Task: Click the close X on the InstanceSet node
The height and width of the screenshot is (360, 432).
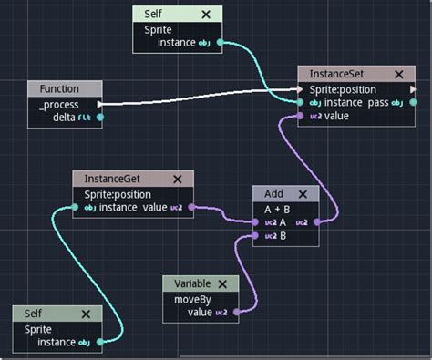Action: pos(399,74)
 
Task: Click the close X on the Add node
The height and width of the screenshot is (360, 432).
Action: pos(303,194)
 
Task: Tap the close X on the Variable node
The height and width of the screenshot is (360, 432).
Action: pos(221,283)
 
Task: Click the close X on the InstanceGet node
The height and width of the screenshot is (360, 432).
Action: pos(177,180)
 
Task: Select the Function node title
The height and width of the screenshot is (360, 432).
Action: pos(59,89)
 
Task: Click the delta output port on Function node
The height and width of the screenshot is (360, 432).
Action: pos(100,117)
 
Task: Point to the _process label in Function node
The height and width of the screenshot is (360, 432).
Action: pos(58,104)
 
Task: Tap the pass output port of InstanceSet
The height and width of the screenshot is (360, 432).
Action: pos(412,103)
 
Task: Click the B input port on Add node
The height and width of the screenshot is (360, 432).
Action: pos(257,235)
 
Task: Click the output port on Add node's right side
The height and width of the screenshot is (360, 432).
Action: pos(315,221)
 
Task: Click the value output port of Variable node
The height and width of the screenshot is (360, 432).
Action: pos(236,313)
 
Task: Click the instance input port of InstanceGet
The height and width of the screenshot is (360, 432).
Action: pos(77,208)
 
